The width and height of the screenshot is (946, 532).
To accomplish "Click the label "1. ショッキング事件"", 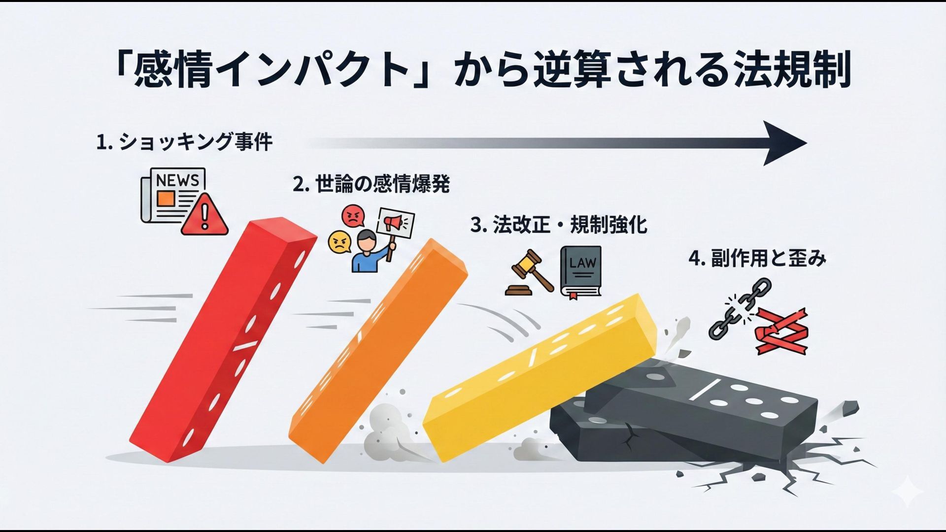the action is click(x=184, y=143).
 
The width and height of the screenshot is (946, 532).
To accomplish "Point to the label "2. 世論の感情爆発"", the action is click(x=371, y=185).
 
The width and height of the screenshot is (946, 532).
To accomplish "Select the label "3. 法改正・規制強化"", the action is click(x=559, y=225).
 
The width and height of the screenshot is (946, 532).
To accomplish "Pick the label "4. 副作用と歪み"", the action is click(x=757, y=258).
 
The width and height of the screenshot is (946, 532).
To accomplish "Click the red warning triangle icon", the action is click(x=204, y=214).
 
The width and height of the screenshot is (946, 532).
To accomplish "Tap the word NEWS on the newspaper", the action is click(x=177, y=180).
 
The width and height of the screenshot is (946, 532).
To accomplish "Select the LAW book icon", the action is click(x=581, y=271).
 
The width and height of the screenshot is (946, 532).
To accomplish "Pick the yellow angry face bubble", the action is click(x=340, y=242).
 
